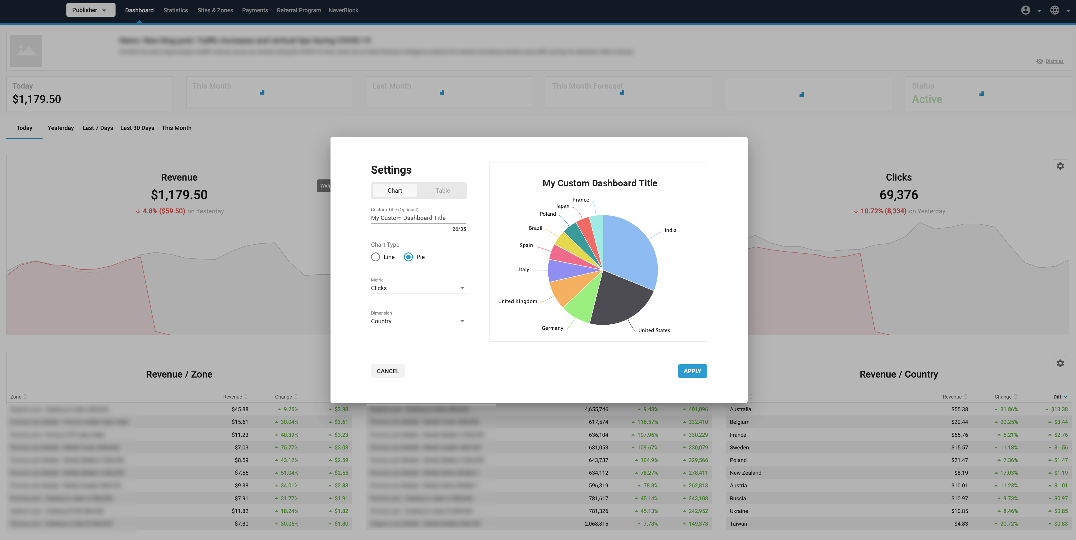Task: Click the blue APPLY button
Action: click(692, 371)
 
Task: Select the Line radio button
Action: click(376, 257)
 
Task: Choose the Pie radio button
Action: click(408, 257)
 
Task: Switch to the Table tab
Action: click(442, 191)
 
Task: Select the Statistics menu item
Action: click(175, 10)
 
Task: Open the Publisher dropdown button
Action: click(90, 10)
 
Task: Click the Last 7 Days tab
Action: click(98, 128)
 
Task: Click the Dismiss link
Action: click(1054, 62)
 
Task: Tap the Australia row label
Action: click(740, 409)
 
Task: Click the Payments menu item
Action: click(255, 10)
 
